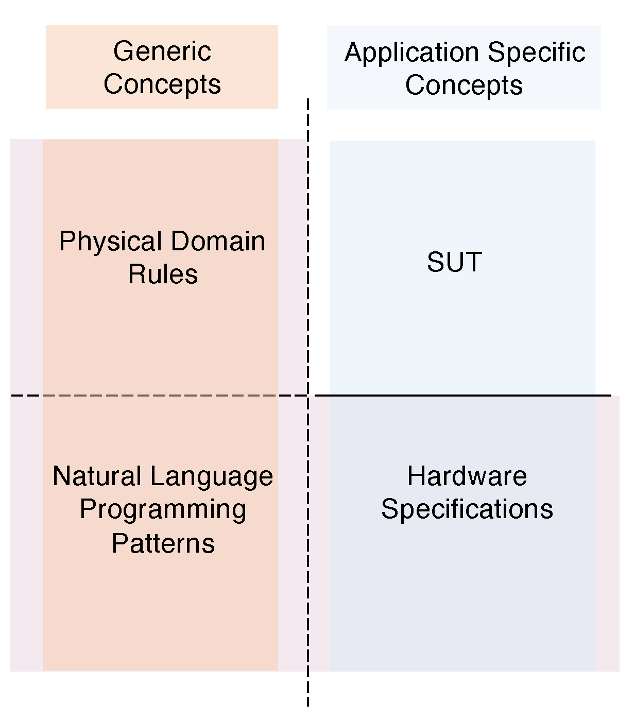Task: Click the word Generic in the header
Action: pos(162,52)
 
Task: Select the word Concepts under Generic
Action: pos(162,84)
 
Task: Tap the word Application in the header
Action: pos(411,53)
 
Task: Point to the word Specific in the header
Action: pos(536,52)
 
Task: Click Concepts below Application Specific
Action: pos(464,85)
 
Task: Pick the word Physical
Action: pos(111,242)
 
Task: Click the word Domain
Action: pos(218,241)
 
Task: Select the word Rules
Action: pos(163,274)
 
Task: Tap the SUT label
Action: pos(454,262)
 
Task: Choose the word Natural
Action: pos(98,476)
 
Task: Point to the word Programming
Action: pos(163,510)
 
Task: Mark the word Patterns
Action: pos(163,544)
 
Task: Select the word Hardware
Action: pos(467,476)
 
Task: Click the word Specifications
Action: pos(467,509)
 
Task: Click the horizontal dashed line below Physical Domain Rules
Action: pos(155,396)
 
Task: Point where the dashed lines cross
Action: pos(308,396)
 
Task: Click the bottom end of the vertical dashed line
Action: pos(308,705)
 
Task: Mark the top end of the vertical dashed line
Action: pos(308,100)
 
